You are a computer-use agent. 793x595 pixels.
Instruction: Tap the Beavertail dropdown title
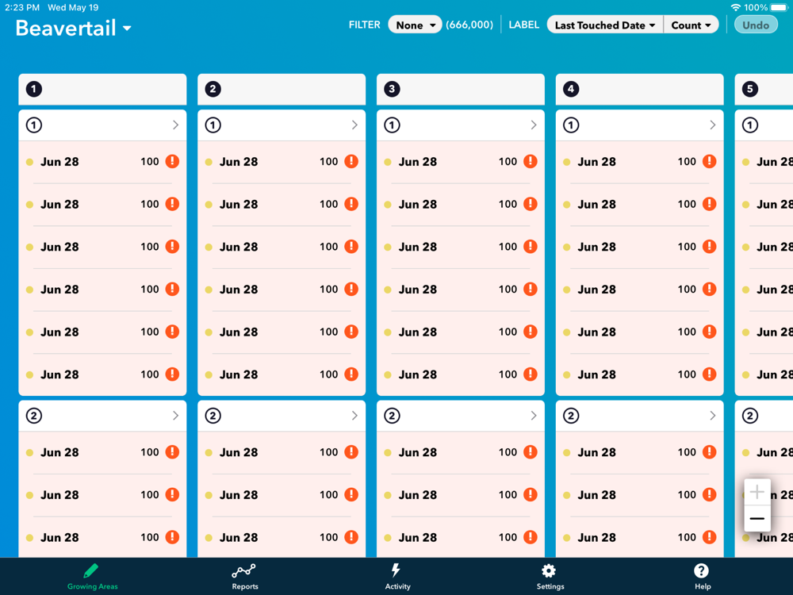[73, 29]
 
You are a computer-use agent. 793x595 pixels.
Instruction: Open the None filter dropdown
[415, 25]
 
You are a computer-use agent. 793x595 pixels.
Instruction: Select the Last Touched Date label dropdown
[605, 25]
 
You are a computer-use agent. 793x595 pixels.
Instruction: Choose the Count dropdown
[691, 25]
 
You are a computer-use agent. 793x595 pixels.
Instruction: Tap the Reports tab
[244, 577]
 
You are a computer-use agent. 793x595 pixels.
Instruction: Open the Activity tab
[397, 577]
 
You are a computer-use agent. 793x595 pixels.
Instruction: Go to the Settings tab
[550, 577]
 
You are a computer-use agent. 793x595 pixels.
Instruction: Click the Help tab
[702, 577]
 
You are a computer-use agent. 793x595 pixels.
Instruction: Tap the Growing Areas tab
[92, 577]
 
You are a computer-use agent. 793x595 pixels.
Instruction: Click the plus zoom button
[757, 492]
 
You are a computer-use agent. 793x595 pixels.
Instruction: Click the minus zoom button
[757, 519]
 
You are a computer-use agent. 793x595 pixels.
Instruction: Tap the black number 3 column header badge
[392, 89]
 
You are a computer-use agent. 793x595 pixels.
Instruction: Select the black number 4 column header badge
[571, 89]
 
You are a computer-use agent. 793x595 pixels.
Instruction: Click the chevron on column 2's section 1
[354, 125]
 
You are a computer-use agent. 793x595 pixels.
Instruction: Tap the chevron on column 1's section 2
[175, 416]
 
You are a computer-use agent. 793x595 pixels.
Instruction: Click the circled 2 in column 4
[571, 416]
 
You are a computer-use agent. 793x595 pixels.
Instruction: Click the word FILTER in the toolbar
[365, 25]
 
